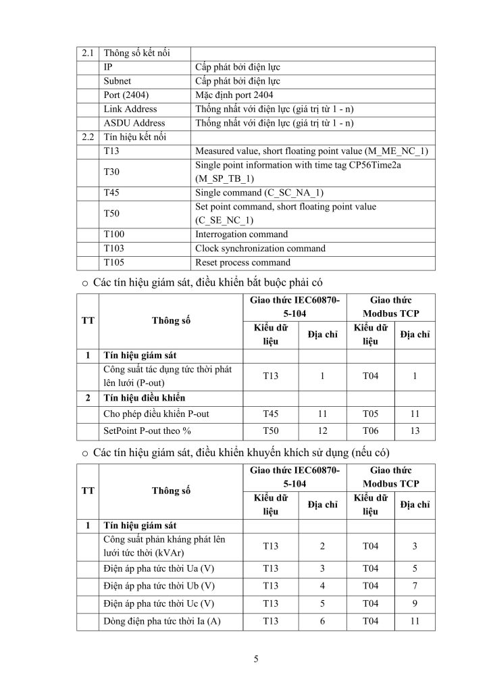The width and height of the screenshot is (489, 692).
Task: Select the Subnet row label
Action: [x=117, y=80]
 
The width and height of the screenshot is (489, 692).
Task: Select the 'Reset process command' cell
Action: [x=242, y=263]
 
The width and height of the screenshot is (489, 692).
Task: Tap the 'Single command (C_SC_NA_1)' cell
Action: [x=259, y=193]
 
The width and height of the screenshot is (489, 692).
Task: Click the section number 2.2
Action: [x=88, y=137]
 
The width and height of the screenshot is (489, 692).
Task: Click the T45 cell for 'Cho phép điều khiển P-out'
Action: [x=270, y=414]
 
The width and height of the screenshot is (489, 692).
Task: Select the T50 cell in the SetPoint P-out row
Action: [x=270, y=431]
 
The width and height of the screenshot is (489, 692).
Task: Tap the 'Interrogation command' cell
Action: [x=241, y=234]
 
